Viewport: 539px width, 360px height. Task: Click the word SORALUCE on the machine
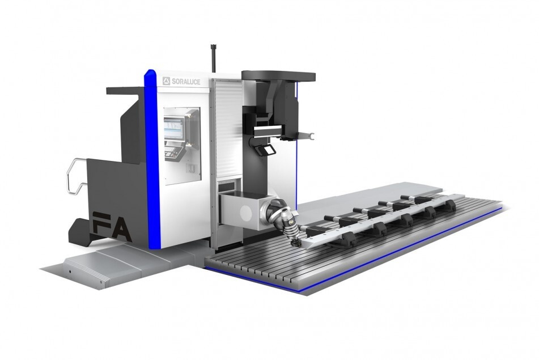pyautogui.click(x=186, y=82)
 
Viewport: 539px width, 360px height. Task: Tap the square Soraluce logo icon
pyautogui.click(x=167, y=81)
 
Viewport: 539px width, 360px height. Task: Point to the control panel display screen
pyautogui.click(x=175, y=129)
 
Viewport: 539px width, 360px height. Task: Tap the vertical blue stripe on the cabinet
pyautogui.click(x=152, y=158)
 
